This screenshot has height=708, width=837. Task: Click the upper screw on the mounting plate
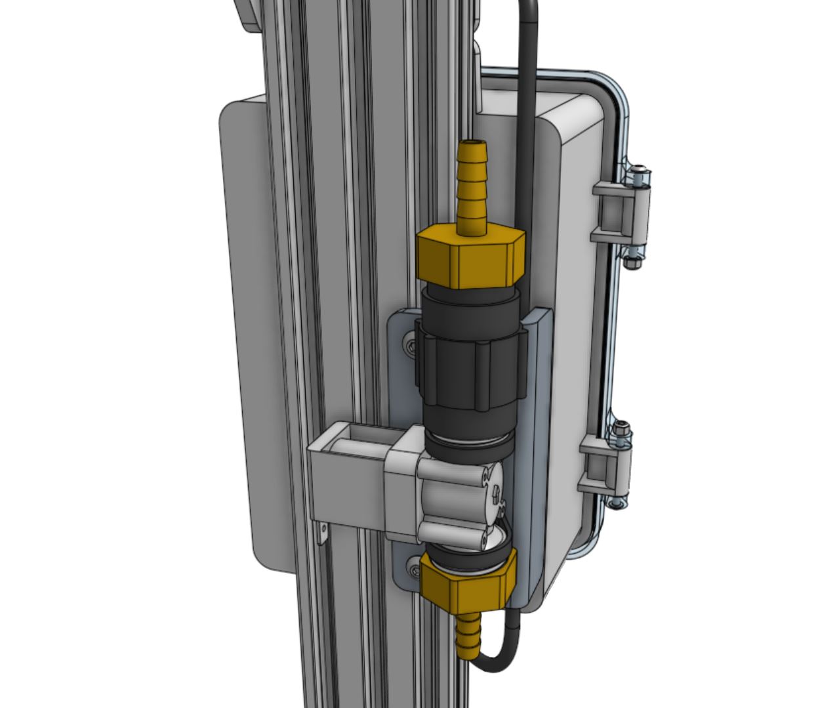(x=411, y=346)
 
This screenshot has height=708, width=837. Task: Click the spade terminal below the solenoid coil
(x=321, y=533)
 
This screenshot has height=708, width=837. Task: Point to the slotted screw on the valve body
(x=495, y=489)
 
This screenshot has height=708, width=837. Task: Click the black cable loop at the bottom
(x=502, y=659)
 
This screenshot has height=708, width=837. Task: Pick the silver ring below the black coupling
(x=469, y=441)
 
